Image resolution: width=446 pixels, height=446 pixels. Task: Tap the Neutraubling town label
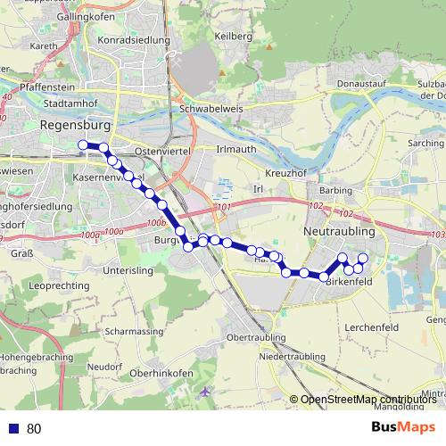(341, 230)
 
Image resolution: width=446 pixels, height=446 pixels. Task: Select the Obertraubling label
(257, 338)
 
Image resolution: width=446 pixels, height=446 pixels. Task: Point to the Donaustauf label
(360, 84)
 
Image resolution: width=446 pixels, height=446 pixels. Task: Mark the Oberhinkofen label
(163, 373)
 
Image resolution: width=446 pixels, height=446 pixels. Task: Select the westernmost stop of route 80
(83, 145)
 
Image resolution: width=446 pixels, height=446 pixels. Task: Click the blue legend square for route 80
(12, 428)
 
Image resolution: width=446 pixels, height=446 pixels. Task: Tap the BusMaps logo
(403, 427)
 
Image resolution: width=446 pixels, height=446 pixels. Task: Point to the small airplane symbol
(207, 392)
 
